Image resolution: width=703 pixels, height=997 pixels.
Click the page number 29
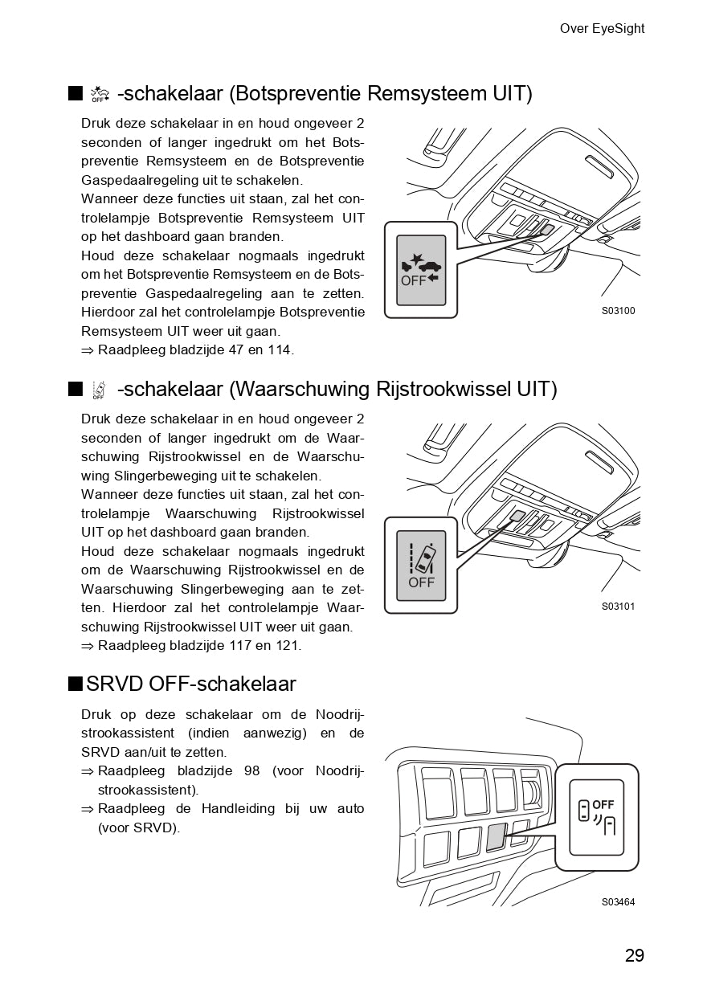point(634,955)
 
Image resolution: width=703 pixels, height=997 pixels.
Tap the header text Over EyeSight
point(602,29)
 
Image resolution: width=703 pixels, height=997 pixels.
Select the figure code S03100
point(618,311)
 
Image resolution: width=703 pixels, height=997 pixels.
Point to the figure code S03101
point(618,607)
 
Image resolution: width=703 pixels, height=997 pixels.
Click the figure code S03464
point(618,902)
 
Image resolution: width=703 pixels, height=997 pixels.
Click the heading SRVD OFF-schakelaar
point(190,684)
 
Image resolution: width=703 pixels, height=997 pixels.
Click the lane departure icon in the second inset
point(422,557)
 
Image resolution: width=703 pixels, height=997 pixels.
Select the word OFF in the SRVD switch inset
point(603,804)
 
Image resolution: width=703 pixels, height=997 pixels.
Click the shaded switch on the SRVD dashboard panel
point(497,837)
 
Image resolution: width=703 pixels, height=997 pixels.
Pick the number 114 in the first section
point(280,350)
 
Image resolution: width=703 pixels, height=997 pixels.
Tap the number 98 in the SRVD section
point(251,771)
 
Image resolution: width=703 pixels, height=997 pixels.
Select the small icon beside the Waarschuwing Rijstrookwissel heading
point(99,390)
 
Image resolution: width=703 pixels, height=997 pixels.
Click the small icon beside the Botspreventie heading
point(99,95)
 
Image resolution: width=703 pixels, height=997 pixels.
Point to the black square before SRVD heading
point(75,684)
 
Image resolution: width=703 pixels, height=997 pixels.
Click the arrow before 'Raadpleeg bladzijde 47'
point(88,350)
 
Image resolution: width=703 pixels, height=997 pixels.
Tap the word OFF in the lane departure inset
point(421,582)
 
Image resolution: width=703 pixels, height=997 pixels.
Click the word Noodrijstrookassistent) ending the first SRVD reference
point(148,791)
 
